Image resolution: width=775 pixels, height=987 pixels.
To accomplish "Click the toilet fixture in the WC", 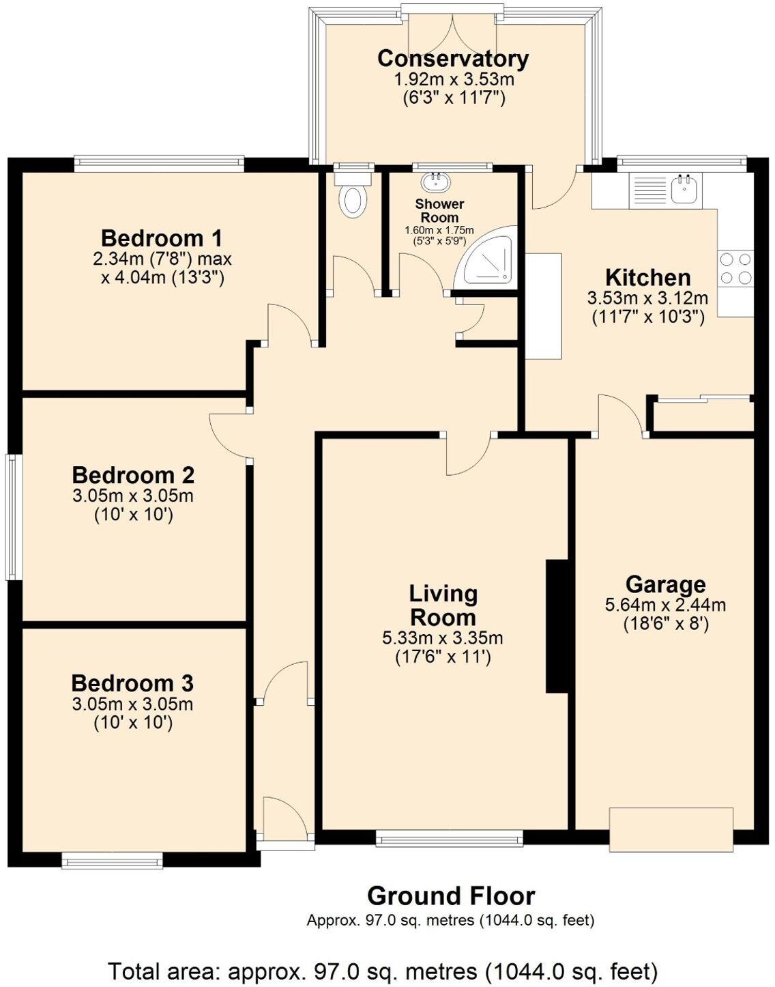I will pyautogui.click(x=354, y=196).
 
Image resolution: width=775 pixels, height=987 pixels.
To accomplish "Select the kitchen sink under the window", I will pyautogui.click(x=684, y=188).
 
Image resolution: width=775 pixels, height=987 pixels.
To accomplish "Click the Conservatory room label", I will pyautogui.click(x=453, y=59).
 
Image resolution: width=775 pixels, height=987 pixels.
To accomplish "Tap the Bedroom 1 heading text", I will pyautogui.click(x=162, y=238).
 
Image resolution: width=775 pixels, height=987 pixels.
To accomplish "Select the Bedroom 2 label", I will pyautogui.click(x=133, y=474).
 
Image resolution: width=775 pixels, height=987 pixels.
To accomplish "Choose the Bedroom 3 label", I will pyautogui.click(x=132, y=683).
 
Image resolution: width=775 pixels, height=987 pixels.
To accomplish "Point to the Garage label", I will pyautogui.click(x=665, y=584).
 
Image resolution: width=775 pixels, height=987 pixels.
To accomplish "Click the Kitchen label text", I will pyautogui.click(x=647, y=278).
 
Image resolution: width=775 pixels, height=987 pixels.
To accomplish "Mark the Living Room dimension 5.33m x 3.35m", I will pyautogui.click(x=443, y=638).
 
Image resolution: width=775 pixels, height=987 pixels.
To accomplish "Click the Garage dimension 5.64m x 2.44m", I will pyautogui.click(x=665, y=605).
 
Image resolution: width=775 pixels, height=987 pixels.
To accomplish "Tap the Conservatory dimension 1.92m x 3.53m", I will pyautogui.click(x=454, y=79).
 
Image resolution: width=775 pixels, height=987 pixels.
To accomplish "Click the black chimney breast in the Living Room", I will pyautogui.click(x=557, y=627).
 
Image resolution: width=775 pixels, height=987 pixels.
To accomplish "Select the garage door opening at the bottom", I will pyautogui.click(x=671, y=829).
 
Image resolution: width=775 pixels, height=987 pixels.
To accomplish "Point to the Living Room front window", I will pyautogui.click(x=449, y=838).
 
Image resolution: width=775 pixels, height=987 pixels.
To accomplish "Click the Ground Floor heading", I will pyautogui.click(x=451, y=895).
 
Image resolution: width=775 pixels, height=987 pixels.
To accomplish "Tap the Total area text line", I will pyautogui.click(x=383, y=970).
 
